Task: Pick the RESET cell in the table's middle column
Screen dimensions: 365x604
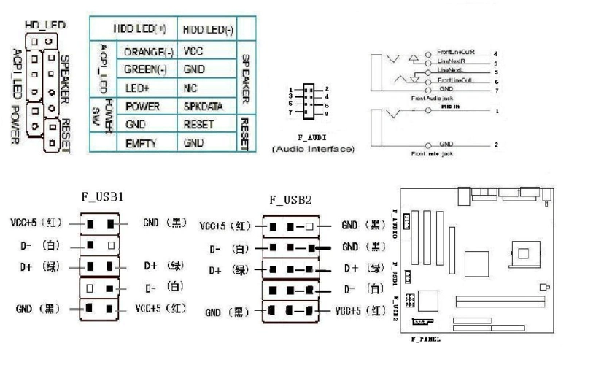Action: tap(199, 124)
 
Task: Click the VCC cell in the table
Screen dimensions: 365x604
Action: tap(193, 53)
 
